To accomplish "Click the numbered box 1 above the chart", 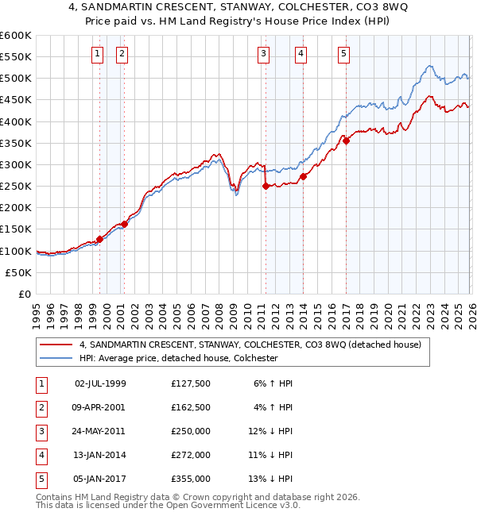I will pos(97,54).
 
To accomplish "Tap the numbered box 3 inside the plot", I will pos(263,54).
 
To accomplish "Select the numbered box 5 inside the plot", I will pos(343,54).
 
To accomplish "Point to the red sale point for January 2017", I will pos(346,141).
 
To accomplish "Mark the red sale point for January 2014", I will pos(304,176).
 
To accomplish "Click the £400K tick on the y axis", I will pos(16,121).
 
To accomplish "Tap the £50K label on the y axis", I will pos(18,272).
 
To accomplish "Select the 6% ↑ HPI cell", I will pos(273,383).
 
